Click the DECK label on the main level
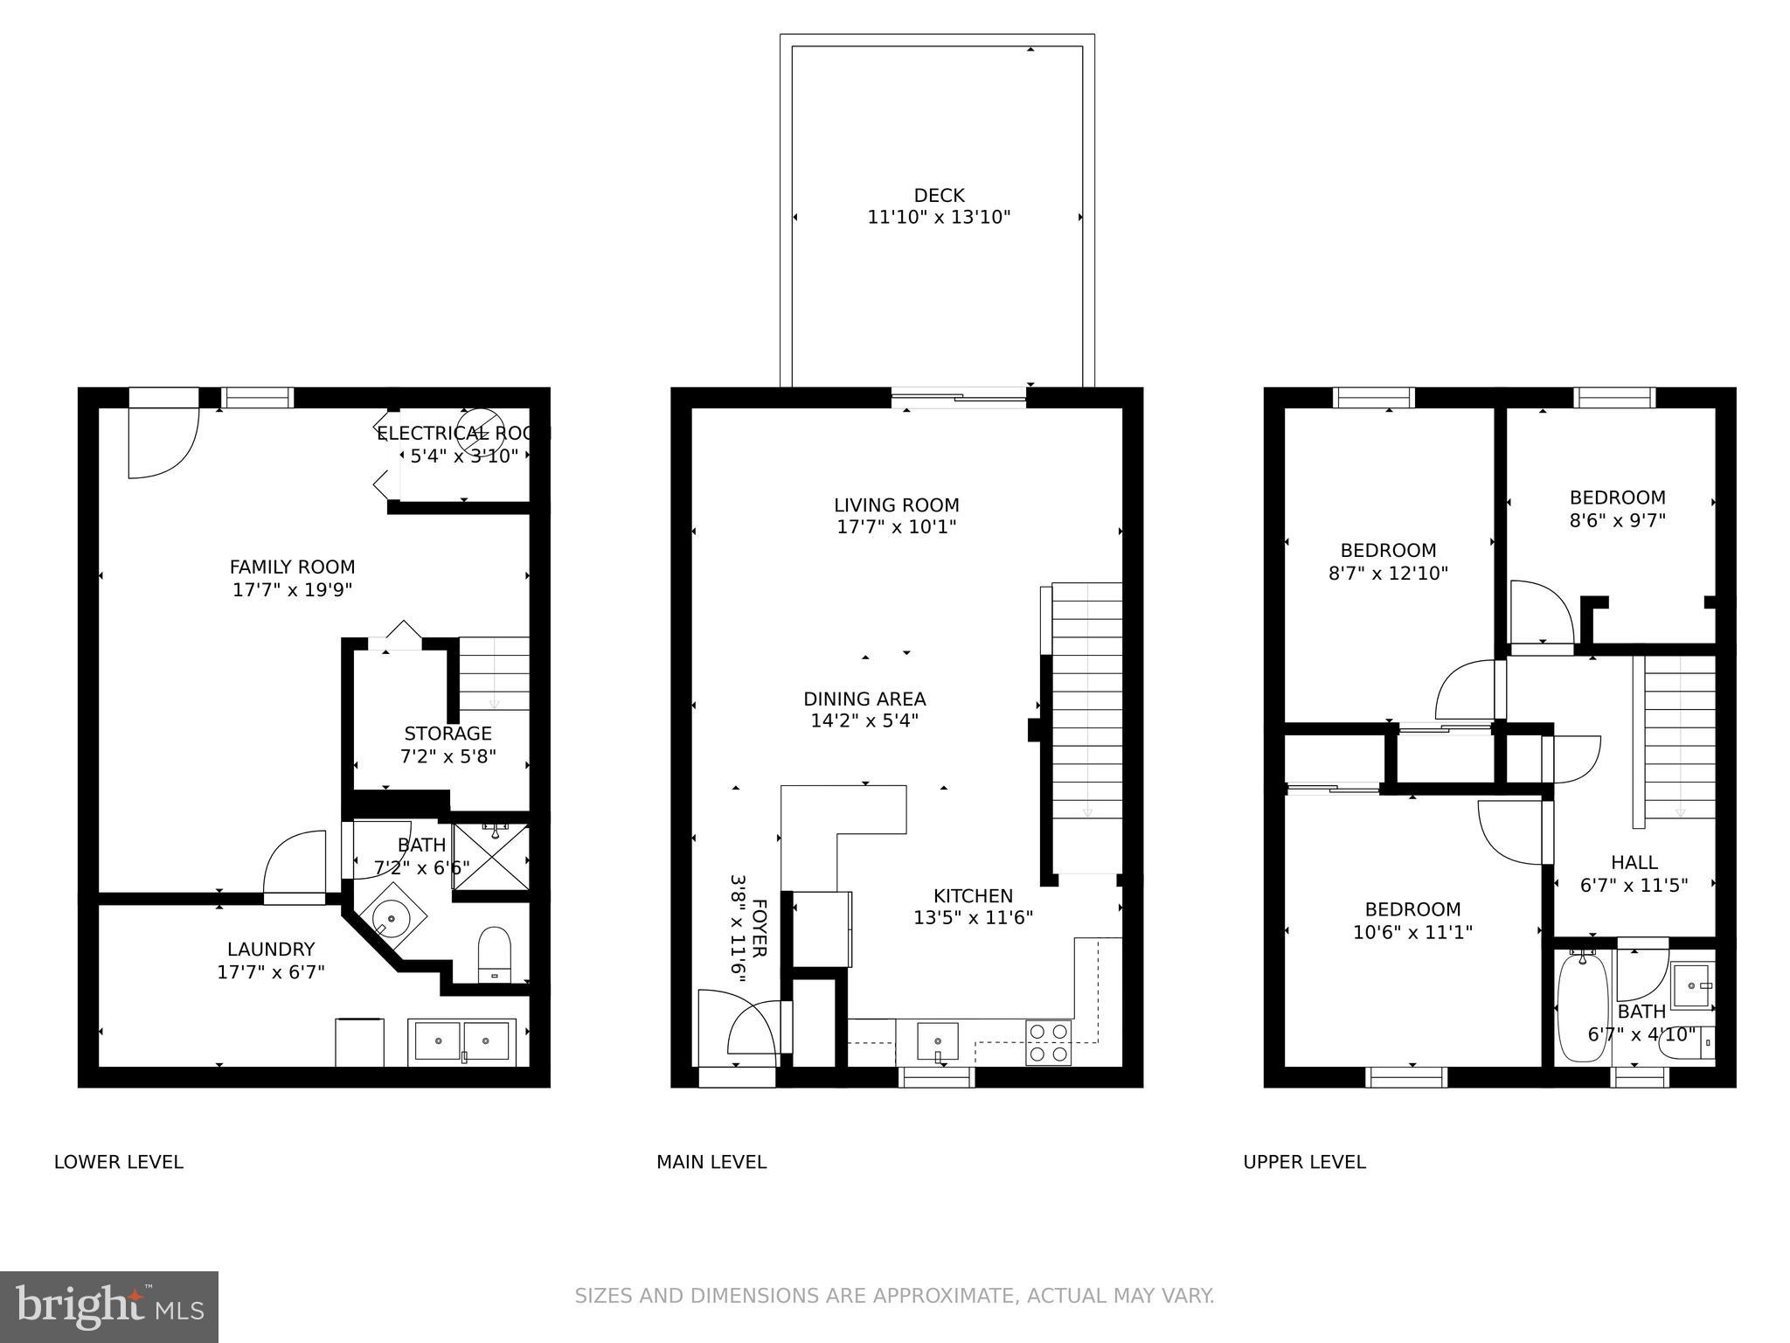point(939,196)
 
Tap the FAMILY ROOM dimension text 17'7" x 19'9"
point(292,590)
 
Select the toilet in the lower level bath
point(495,954)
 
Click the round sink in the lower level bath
point(391,918)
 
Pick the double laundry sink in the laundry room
point(462,1041)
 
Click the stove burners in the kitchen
point(1049,1042)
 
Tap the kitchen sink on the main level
point(937,1041)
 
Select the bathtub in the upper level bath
point(1583,1007)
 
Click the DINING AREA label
point(864,699)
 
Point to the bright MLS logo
point(108,1306)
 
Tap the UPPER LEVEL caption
point(1304,1162)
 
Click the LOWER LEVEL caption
point(119,1162)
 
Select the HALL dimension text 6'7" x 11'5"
point(1634,885)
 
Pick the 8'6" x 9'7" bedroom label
point(1617,520)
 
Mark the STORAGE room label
point(447,734)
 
